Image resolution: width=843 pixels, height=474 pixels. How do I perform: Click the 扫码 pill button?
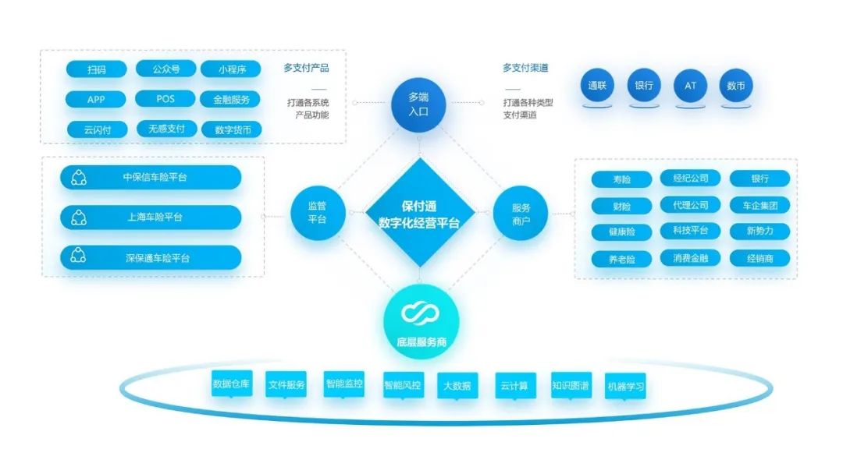pos(96,69)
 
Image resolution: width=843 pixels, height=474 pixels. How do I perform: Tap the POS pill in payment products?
pos(165,99)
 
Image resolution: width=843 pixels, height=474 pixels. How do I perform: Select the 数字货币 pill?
pos(232,130)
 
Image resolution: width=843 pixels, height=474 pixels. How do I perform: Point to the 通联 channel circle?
pos(597,86)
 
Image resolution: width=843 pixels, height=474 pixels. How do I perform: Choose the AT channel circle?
pos(690,86)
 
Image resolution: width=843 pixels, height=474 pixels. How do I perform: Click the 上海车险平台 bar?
pos(151,218)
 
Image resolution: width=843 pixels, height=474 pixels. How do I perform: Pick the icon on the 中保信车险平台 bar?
pos(79,178)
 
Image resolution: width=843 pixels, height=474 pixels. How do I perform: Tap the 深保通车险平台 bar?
pos(151,258)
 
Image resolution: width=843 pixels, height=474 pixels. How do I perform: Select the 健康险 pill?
pos(621,232)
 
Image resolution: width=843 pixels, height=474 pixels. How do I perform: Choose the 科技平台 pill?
pos(690,231)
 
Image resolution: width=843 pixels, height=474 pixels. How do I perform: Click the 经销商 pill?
pos(759,258)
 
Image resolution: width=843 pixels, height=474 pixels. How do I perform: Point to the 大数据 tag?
pos(457,386)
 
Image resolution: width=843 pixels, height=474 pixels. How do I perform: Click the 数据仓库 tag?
pos(232,384)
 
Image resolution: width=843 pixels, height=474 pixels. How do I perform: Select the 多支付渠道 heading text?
pos(525,68)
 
